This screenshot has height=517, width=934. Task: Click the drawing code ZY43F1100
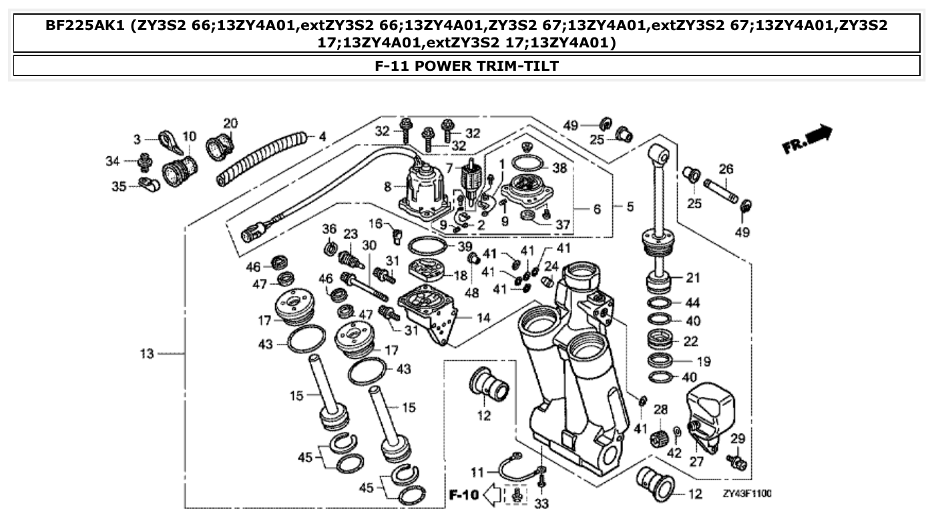point(746,494)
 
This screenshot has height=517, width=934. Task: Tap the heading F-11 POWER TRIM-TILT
point(467,65)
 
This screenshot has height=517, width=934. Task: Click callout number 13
point(147,353)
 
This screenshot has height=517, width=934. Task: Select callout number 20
point(230,124)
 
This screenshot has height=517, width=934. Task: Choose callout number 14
point(483,317)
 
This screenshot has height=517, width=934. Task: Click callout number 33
point(541,504)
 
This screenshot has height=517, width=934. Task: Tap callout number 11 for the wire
point(477,472)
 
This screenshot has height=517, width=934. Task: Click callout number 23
point(351,234)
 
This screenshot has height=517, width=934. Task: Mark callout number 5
point(630,207)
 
